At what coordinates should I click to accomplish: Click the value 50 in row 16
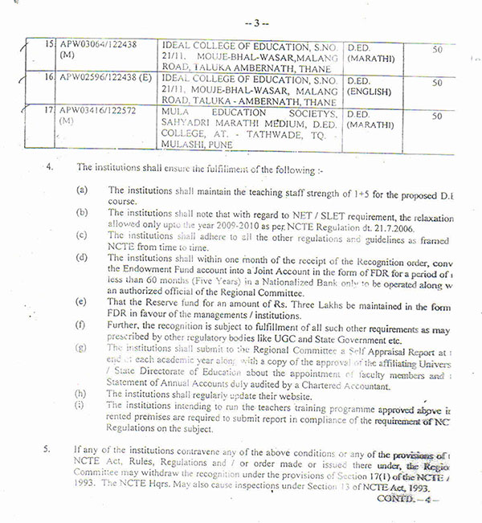tap(437, 83)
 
